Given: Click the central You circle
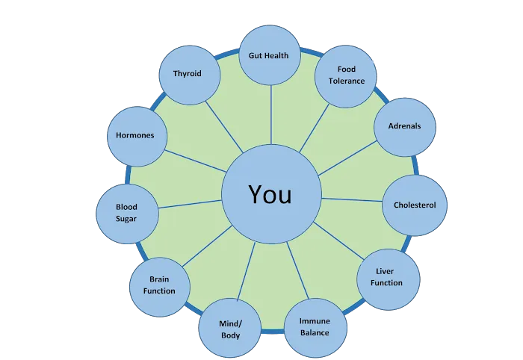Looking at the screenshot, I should click(270, 195).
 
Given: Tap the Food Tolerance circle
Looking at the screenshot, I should click(345, 75).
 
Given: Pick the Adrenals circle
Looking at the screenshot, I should click(404, 126).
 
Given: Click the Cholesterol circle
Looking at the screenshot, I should click(415, 205).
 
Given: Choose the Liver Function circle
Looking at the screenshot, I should click(386, 278).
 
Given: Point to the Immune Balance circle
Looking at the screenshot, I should click(315, 326).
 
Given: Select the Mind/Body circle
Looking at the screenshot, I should click(229, 329).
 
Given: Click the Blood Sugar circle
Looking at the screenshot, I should click(126, 212).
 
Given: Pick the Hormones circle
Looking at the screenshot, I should click(135, 135).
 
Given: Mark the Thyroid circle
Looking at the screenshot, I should click(187, 74).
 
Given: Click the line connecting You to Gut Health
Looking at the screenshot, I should click(270, 117).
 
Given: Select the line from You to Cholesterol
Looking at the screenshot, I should click(351, 199).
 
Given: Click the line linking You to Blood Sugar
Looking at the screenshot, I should click(190, 202).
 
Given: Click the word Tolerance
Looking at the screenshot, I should click(345, 81).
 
